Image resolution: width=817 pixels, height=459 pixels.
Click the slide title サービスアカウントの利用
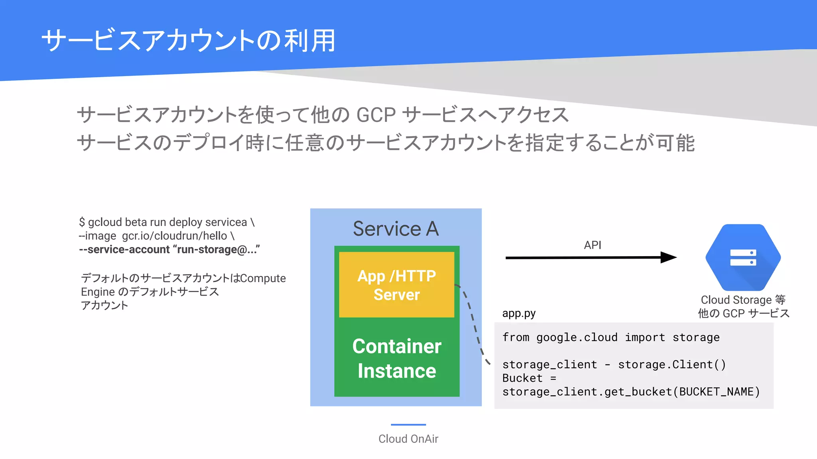pos(188,41)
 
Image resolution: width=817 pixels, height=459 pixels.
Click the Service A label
pos(396,229)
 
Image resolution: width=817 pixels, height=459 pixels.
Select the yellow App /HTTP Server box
pos(397,285)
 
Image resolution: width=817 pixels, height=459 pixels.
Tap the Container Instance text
pos(397,358)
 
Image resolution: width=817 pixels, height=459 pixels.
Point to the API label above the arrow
pos(592,245)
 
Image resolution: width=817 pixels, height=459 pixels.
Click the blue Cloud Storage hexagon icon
pos(743,257)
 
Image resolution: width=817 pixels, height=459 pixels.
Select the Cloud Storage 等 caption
pos(743,300)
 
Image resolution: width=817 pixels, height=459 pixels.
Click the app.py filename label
pos(519,313)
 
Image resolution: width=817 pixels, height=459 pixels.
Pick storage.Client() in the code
pos(672,365)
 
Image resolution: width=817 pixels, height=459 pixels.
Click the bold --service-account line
pos(169,249)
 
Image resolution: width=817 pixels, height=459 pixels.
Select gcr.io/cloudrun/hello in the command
pos(174,236)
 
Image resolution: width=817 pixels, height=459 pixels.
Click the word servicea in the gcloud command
pos(226,222)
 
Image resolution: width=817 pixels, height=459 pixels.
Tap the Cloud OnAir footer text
pos(408,439)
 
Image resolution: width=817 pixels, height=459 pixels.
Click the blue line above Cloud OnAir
pos(408,425)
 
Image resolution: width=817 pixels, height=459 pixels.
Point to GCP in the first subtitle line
pos(375,115)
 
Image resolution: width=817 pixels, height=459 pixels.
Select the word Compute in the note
pos(263,278)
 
